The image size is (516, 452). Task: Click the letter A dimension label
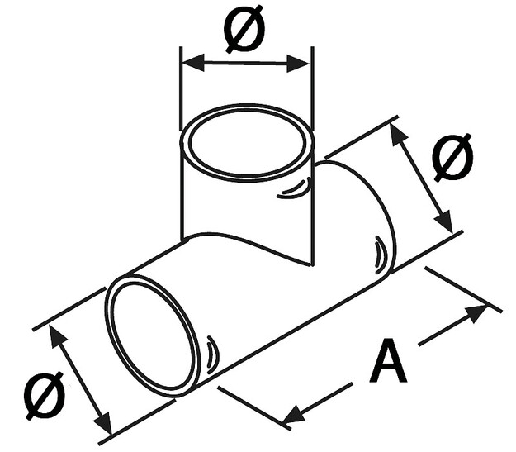pos(388,361)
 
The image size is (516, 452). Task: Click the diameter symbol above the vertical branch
pos(244,29)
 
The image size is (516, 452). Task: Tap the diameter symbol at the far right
pos(453,158)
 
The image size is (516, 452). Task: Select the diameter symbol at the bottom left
pos(45,395)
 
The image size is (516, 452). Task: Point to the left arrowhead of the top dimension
pos(193,63)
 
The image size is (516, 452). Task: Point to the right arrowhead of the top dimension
pos(299,63)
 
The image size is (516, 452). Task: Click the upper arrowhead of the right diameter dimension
pos(399,133)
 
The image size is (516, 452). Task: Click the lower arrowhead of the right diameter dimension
pos(444,221)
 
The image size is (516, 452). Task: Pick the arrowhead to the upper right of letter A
pos(476,314)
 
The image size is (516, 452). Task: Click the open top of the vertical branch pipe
pos(247,143)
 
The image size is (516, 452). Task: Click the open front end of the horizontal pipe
pos(153,335)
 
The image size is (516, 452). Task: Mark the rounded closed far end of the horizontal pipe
pos(362,217)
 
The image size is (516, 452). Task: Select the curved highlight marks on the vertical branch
pos(295,188)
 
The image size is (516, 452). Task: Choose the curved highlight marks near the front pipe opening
pos(211,355)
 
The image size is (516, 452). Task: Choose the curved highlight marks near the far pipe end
pos(380,255)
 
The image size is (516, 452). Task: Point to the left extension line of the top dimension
pos(181,88)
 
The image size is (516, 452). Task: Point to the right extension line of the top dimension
pos(312,88)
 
